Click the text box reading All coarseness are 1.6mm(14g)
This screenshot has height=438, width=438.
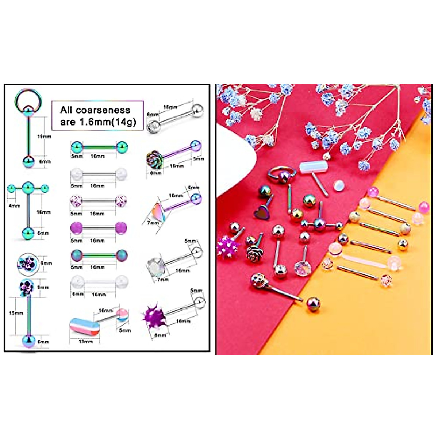pyautogui.click(x=97, y=116)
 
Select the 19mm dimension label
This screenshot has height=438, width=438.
pyautogui.click(x=45, y=136)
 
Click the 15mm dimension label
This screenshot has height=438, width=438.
pyautogui.click(x=16, y=313)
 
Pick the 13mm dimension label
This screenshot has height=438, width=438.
pyautogui.click(x=85, y=342)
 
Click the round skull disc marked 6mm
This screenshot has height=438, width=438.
pyautogui.click(x=28, y=263)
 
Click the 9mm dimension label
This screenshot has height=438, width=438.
pyautogui.click(x=43, y=287)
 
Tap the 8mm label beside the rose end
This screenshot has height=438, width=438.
pyautogui.click(x=155, y=173)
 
